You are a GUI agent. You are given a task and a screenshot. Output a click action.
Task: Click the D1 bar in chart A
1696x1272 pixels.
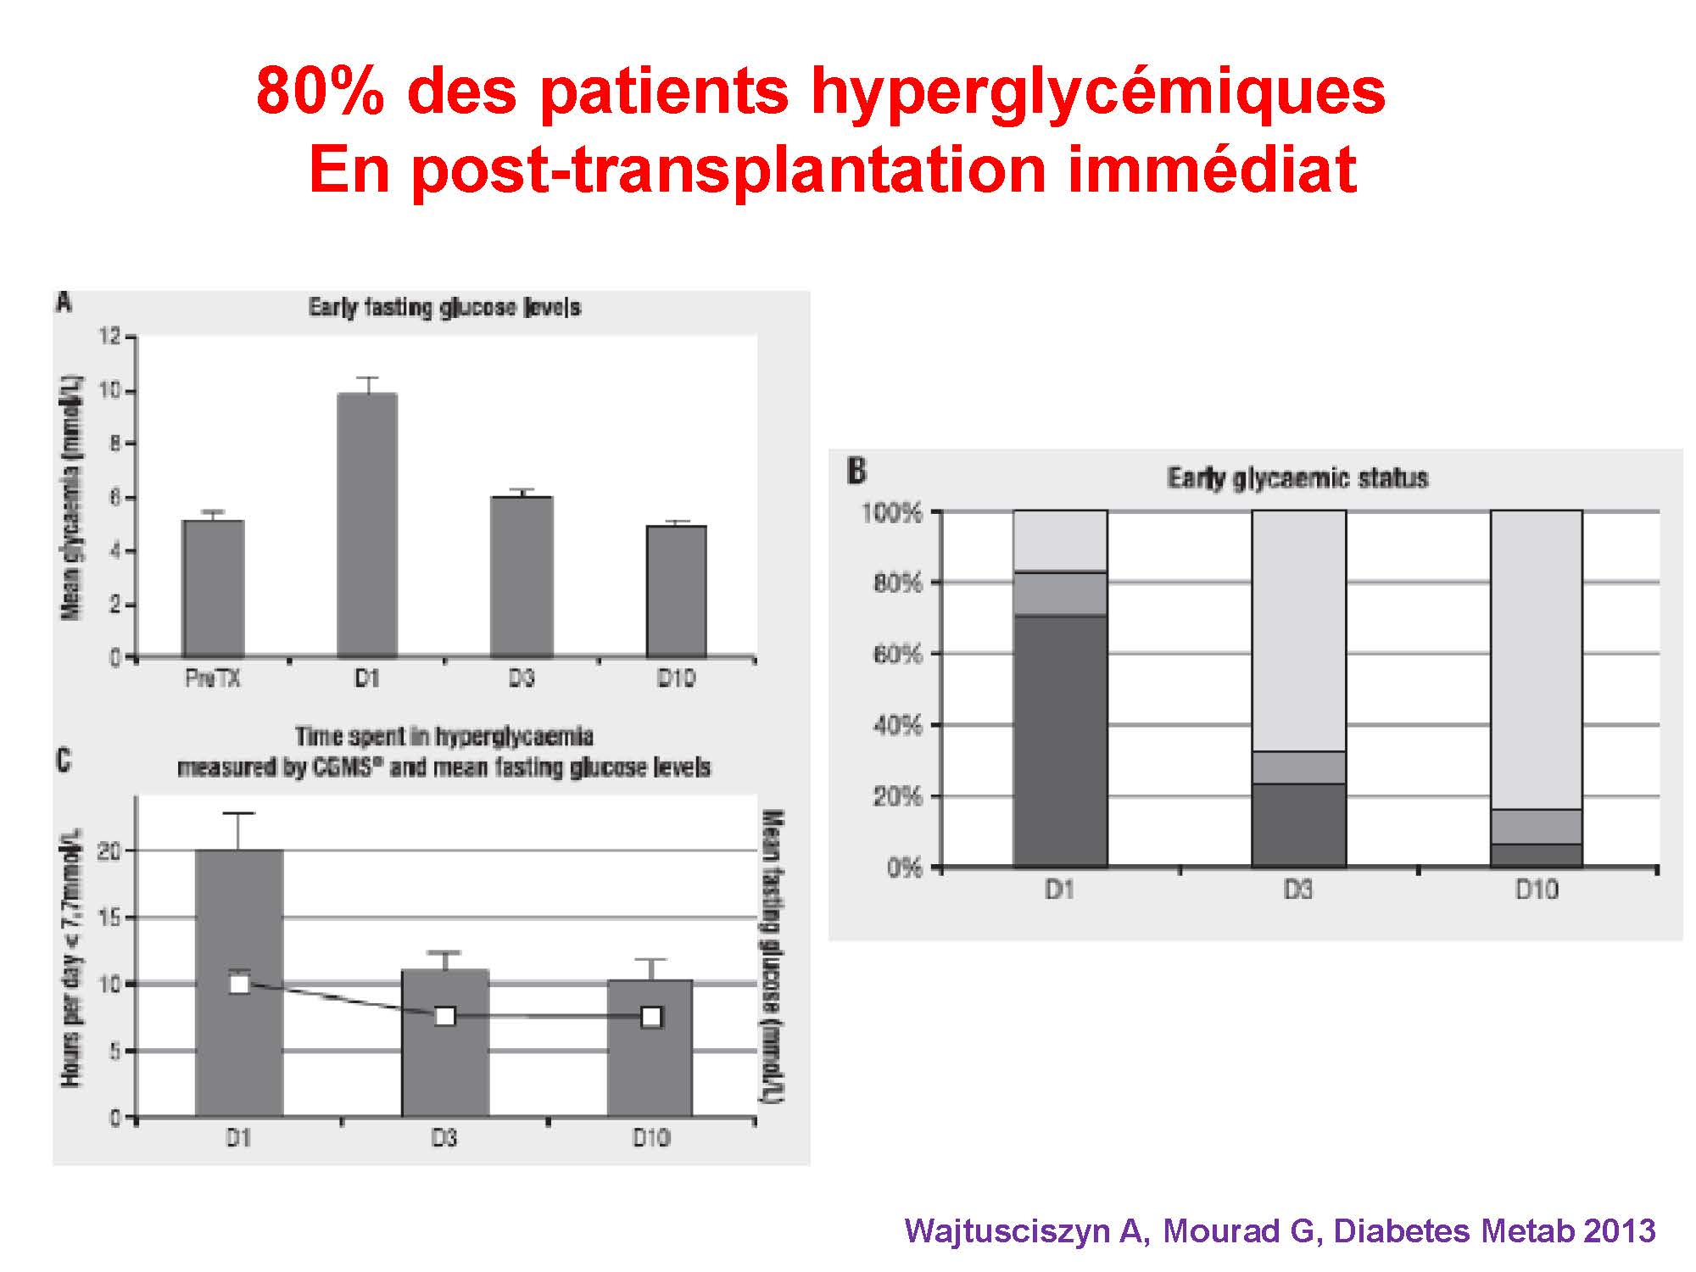[x=366, y=526]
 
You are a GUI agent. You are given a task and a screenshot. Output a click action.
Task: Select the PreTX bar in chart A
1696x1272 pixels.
[x=214, y=589]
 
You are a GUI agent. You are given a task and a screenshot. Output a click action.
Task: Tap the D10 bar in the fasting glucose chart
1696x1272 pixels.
[x=677, y=591]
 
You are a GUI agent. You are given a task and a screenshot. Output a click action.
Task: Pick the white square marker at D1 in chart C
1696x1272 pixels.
[x=240, y=984]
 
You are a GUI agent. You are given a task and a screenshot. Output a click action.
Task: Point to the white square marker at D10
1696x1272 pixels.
[x=651, y=1017]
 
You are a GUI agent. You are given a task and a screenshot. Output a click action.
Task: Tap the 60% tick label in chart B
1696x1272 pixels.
[x=892, y=654]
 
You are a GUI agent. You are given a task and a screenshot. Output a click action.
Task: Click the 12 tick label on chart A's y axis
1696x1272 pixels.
[x=110, y=337]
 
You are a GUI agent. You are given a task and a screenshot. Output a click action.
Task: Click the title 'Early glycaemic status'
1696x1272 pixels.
[x=1297, y=478]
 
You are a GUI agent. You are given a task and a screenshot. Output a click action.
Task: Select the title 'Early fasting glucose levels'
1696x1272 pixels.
[x=444, y=307]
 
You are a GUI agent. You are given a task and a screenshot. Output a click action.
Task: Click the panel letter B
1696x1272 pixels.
[x=857, y=471]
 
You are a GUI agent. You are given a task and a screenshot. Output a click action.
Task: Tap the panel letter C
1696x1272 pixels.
[x=64, y=760]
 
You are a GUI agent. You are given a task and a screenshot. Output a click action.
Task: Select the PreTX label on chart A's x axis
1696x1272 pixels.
[x=213, y=679]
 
